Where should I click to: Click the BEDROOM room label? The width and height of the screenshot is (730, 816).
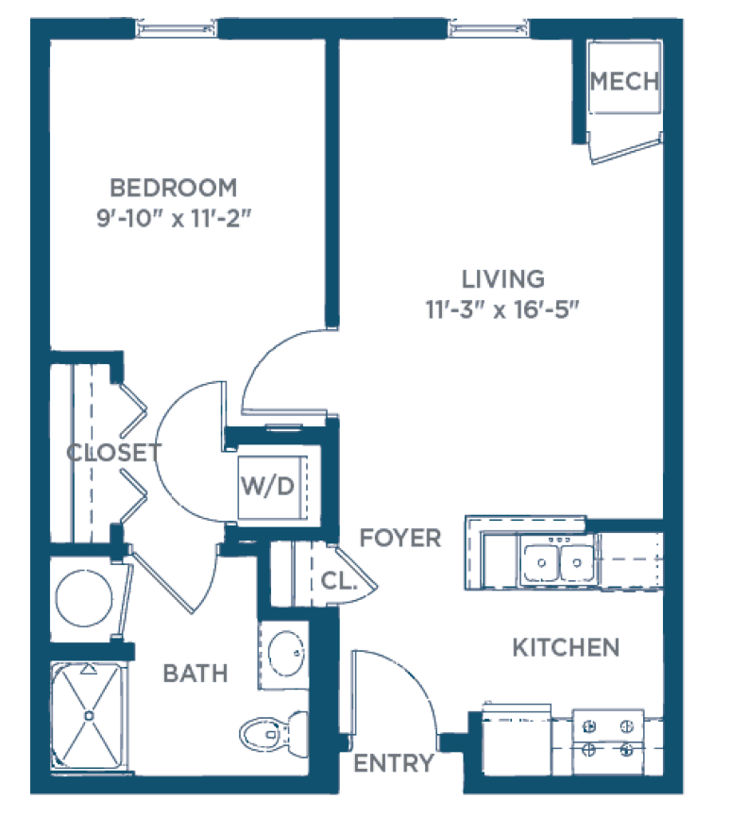click(x=174, y=188)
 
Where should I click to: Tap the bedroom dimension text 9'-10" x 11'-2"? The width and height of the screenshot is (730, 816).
click(x=174, y=218)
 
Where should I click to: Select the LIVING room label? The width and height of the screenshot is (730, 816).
click(x=503, y=279)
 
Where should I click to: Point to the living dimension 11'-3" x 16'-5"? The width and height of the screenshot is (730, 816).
click(x=502, y=309)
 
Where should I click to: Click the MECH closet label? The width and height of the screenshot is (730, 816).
click(x=624, y=81)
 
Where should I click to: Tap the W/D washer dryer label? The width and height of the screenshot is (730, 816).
click(x=268, y=486)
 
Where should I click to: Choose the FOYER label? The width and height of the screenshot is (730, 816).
click(x=400, y=538)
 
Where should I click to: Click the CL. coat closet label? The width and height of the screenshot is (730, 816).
click(x=339, y=581)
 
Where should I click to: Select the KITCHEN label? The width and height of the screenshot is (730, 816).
click(x=566, y=648)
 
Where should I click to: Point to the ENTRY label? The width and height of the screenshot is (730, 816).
click(x=394, y=763)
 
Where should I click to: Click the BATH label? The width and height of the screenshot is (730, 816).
click(x=195, y=674)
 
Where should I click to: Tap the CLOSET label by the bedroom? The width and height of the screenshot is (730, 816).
click(x=114, y=453)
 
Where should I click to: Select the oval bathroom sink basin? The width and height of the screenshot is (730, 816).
click(x=285, y=654)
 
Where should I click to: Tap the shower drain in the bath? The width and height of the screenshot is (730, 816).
click(x=89, y=716)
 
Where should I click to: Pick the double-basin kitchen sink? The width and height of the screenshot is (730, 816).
click(x=558, y=562)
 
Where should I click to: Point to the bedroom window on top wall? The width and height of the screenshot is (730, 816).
click(x=176, y=28)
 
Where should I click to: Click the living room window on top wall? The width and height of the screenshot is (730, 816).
click(x=488, y=28)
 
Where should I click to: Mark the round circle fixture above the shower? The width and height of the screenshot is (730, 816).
click(x=84, y=598)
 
